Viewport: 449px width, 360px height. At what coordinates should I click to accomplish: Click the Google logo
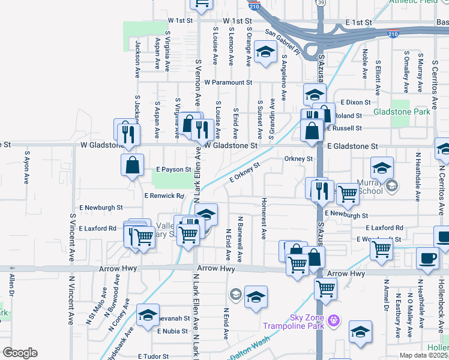tap(20, 353)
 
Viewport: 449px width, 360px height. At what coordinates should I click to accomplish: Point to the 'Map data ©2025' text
tap(423, 355)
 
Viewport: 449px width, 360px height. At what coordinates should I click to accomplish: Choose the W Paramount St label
tap(228, 82)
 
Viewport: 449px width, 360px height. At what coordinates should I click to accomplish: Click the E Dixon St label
tap(357, 103)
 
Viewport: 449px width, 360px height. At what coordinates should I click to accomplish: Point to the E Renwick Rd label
tap(164, 196)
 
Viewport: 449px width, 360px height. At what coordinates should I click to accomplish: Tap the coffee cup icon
tap(429, 259)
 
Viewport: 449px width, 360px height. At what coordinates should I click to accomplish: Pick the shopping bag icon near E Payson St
tap(132, 164)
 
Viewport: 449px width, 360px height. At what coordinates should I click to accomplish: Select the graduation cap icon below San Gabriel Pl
tap(264, 53)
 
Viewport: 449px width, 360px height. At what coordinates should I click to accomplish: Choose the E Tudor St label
tap(153, 356)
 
